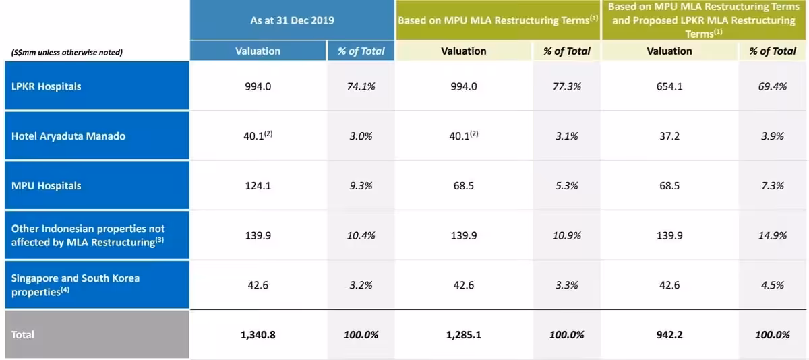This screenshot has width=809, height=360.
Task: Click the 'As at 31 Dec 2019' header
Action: pyautogui.click(x=292, y=20)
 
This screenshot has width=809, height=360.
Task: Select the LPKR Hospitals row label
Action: pyautogui.click(x=46, y=86)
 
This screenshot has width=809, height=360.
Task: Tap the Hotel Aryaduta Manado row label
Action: pyautogui.click(x=68, y=136)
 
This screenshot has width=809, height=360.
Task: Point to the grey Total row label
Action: pyautogui.click(x=23, y=334)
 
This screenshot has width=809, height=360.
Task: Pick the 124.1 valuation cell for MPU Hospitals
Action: pyautogui.click(x=258, y=186)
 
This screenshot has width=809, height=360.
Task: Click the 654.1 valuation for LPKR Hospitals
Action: pyautogui.click(x=669, y=86)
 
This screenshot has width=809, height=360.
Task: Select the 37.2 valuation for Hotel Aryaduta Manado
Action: pyautogui.click(x=669, y=136)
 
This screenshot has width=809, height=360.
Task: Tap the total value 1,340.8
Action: pyautogui.click(x=258, y=334)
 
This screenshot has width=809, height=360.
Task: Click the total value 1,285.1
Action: pyautogui.click(x=463, y=334)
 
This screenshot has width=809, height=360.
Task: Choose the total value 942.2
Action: pyautogui.click(x=669, y=334)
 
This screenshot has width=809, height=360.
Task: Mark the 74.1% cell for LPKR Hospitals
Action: pyautogui.click(x=361, y=86)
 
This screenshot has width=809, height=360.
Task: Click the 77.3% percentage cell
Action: pyautogui.click(x=566, y=86)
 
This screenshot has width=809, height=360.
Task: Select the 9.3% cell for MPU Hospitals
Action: pyautogui.click(x=361, y=186)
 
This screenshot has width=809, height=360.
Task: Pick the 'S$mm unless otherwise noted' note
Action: pyautogui.click(x=67, y=52)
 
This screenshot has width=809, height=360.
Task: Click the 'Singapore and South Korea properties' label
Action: pyautogui.click(x=76, y=285)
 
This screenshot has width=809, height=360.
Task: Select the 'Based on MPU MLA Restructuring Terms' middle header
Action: pyautogui.click(x=498, y=20)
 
